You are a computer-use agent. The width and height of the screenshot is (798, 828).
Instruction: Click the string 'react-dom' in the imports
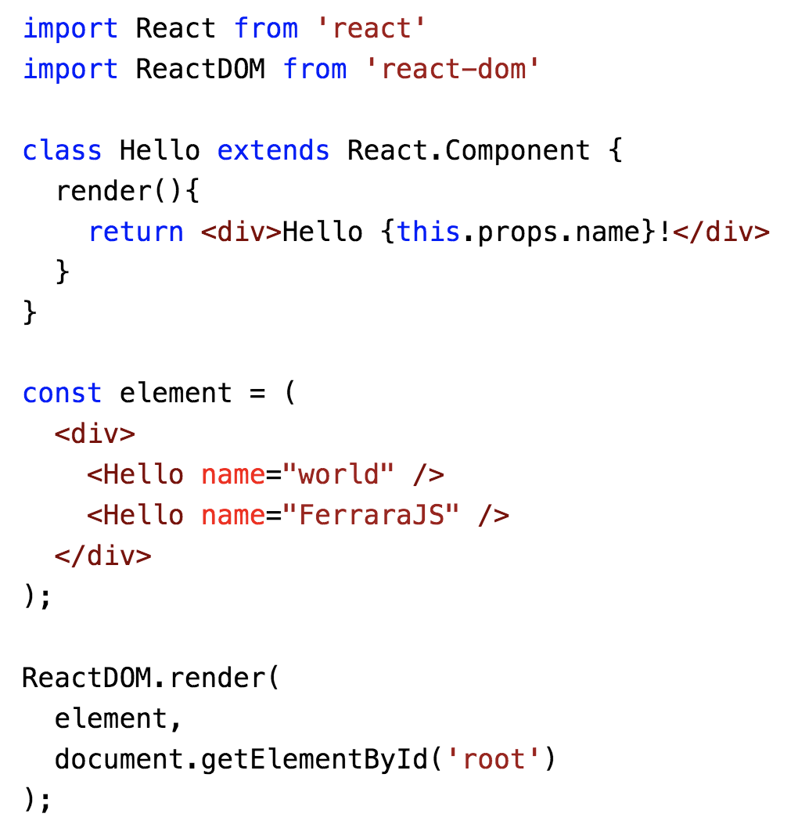[x=452, y=69]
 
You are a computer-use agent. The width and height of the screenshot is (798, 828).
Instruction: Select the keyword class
[x=63, y=149]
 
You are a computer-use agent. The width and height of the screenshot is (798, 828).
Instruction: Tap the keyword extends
[x=273, y=149]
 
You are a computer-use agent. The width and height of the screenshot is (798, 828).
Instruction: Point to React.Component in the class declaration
[x=469, y=149]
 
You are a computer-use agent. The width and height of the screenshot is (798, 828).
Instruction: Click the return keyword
[x=136, y=231]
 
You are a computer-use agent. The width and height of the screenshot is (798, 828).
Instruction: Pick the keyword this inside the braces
[x=429, y=231]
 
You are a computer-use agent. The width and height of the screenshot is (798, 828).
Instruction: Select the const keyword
[x=63, y=392]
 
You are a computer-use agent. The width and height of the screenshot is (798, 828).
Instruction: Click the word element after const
[x=176, y=392]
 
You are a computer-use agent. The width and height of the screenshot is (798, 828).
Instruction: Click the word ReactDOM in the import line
[x=200, y=69]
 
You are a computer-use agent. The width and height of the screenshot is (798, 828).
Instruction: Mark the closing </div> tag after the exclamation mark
[x=721, y=231]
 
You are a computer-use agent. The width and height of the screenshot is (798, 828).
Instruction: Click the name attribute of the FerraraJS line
[x=233, y=514]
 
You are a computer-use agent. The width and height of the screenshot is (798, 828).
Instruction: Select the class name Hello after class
[x=160, y=149]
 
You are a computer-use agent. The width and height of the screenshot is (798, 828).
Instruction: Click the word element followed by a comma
[x=111, y=718]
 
